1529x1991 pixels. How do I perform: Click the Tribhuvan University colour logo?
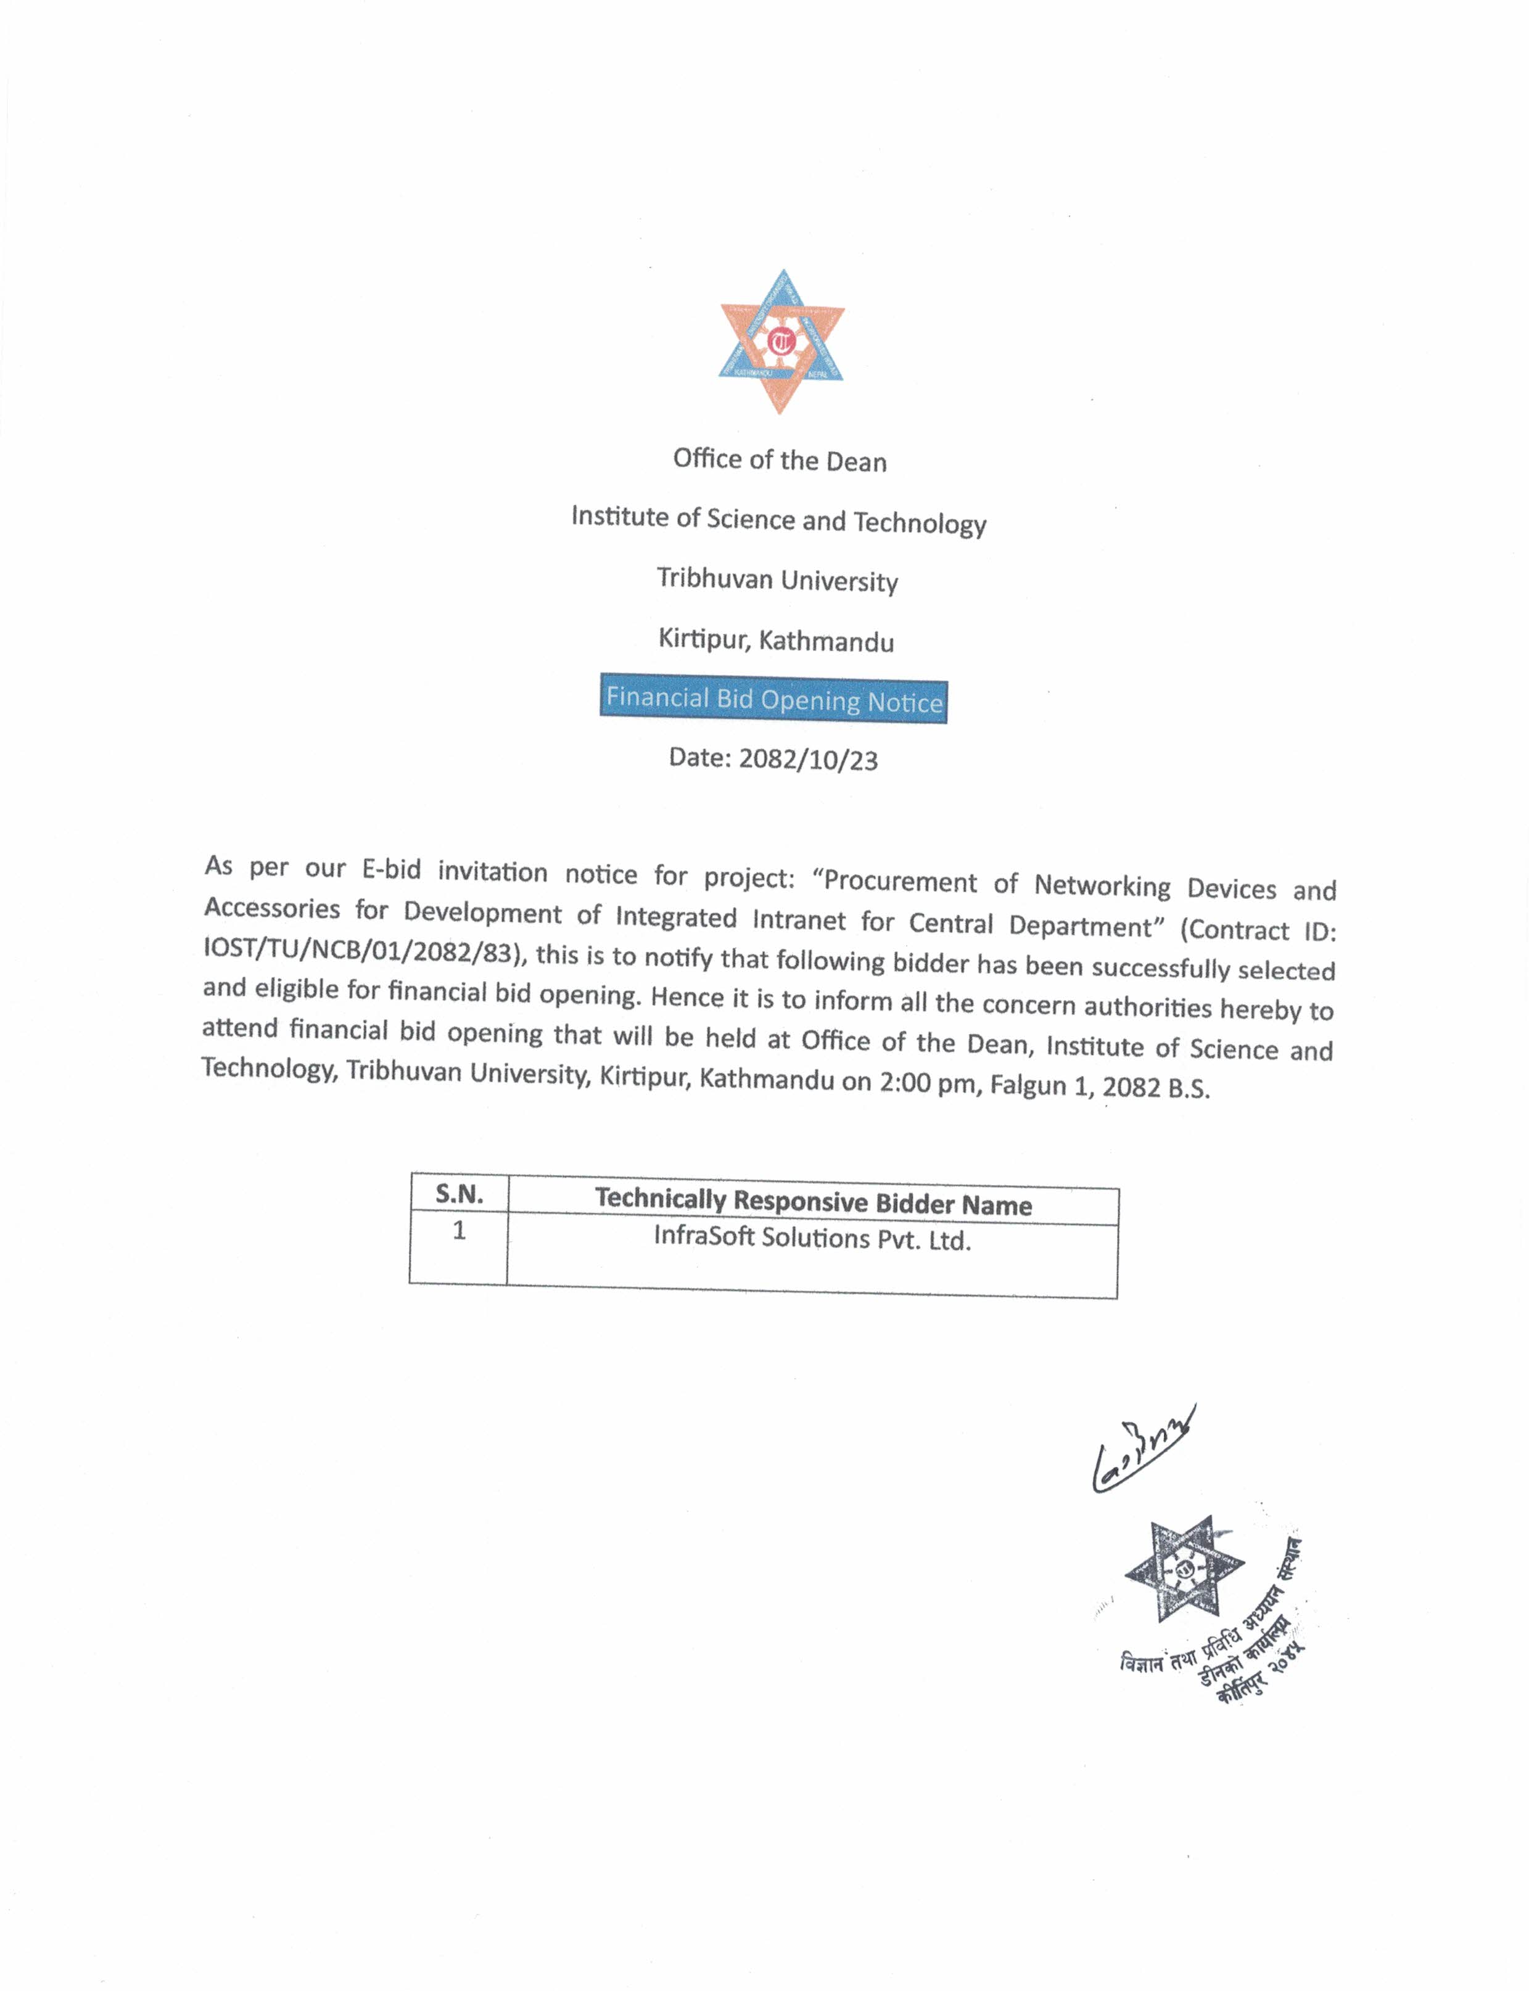point(782,341)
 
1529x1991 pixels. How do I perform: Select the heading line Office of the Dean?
point(780,461)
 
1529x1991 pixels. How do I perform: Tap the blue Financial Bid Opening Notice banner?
point(773,700)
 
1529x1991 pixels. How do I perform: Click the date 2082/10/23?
point(807,759)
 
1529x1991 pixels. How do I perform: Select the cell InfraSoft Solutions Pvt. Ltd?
point(812,1239)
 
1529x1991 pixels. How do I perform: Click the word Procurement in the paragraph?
point(899,881)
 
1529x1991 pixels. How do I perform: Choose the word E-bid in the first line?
point(392,870)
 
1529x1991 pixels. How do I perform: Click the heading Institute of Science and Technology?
point(778,520)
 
